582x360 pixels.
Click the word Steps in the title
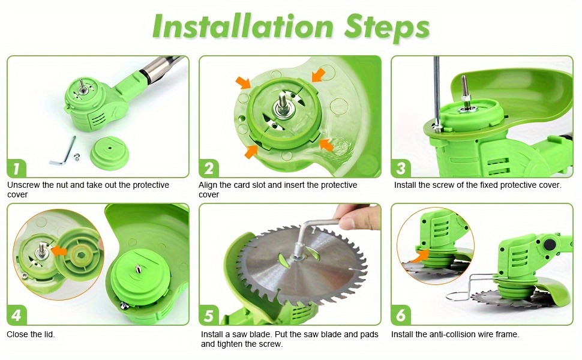[x=387, y=28]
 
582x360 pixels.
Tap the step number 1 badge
[x=16, y=169]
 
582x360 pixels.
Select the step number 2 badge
[x=209, y=169]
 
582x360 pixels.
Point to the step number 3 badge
[x=401, y=169]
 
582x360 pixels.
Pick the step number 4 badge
[x=16, y=316]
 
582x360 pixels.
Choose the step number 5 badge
[x=209, y=316]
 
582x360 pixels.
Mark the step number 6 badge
[x=401, y=316]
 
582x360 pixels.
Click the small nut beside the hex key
[x=77, y=157]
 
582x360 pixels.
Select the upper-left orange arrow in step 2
[x=243, y=83]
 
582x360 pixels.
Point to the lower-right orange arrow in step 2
[x=326, y=145]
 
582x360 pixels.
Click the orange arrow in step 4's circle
[x=59, y=250]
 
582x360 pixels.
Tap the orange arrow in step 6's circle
[x=418, y=256]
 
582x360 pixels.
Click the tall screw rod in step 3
[x=437, y=94]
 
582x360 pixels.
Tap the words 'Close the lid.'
[x=31, y=334]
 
